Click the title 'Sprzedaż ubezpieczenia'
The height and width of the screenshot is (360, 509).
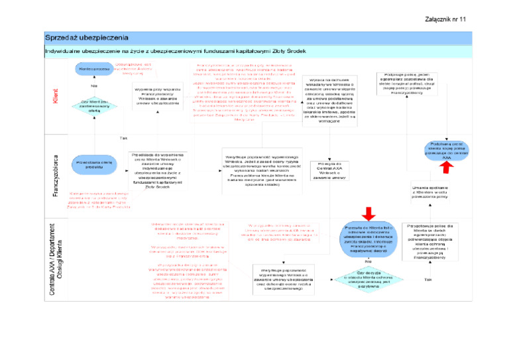pos(87,37)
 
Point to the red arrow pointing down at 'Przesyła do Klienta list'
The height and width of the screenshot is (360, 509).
pos(369,211)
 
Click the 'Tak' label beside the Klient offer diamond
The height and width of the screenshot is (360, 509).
pos(123,138)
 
